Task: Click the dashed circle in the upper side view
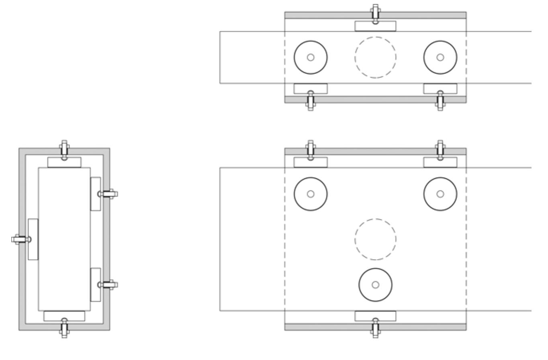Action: (375, 57)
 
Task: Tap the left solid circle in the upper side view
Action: (311, 57)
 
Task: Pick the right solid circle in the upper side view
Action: (440, 57)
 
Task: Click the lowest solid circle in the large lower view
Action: (375, 284)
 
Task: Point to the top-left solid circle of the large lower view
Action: (311, 194)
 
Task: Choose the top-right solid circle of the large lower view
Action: (440, 194)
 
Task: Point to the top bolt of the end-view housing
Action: (64, 150)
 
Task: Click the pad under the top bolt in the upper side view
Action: (375, 26)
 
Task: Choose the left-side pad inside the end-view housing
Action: (33, 239)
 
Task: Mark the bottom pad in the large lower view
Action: (375, 316)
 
